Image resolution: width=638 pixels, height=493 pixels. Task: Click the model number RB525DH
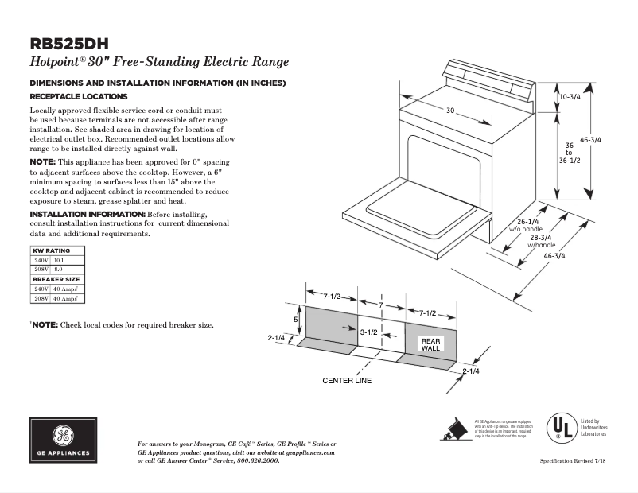click(68, 45)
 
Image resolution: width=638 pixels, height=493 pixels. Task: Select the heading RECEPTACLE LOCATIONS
click(73, 95)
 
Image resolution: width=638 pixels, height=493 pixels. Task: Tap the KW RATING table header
click(52, 250)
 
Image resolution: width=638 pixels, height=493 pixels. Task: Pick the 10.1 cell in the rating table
click(58, 260)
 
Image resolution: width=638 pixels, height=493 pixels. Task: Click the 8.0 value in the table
click(57, 270)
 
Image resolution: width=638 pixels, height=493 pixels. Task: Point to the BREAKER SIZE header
click(55, 279)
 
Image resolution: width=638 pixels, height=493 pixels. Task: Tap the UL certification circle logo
click(560, 427)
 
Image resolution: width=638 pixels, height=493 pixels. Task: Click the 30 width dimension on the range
click(450, 111)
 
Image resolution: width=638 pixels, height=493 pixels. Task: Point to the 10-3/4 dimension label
click(570, 96)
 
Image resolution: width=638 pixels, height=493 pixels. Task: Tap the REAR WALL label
click(430, 344)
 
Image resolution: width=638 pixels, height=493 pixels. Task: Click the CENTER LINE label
click(347, 380)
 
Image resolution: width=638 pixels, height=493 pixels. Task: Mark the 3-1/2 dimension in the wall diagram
click(368, 332)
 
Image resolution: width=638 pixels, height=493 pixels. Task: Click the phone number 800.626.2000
click(259, 460)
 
